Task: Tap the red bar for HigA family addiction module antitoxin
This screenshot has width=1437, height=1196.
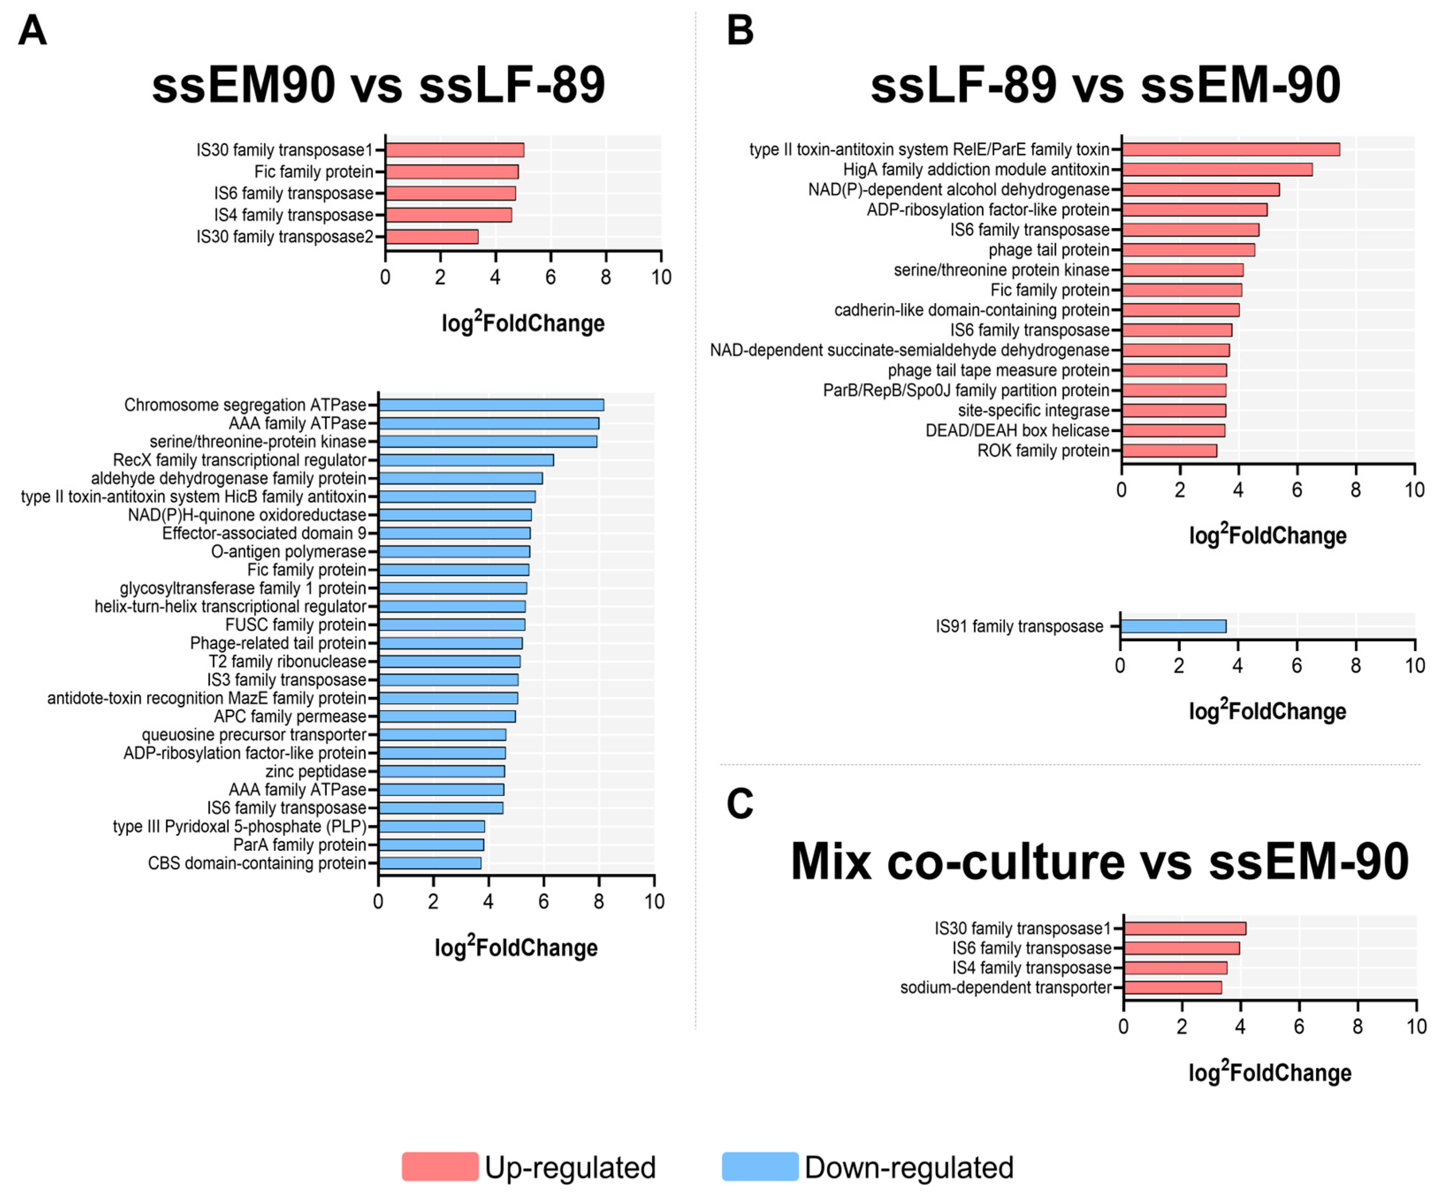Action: [1217, 170]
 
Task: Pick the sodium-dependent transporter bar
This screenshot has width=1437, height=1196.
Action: [1172, 987]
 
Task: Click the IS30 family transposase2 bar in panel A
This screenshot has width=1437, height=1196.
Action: [432, 237]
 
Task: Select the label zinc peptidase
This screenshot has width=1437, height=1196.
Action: [316, 771]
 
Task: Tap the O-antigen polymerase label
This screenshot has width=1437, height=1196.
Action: [288, 552]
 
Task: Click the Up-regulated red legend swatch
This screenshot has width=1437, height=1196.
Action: [440, 1166]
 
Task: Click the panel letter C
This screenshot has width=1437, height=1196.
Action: [739, 804]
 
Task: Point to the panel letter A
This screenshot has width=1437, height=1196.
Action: [32, 31]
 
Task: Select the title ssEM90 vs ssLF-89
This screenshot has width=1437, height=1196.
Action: [378, 86]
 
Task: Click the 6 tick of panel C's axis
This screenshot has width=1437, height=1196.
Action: [1299, 1026]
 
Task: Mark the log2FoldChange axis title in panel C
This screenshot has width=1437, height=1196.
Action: [1269, 1072]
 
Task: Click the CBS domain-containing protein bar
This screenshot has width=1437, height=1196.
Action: [430, 863]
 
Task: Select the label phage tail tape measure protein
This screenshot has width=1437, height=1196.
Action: [999, 370]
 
